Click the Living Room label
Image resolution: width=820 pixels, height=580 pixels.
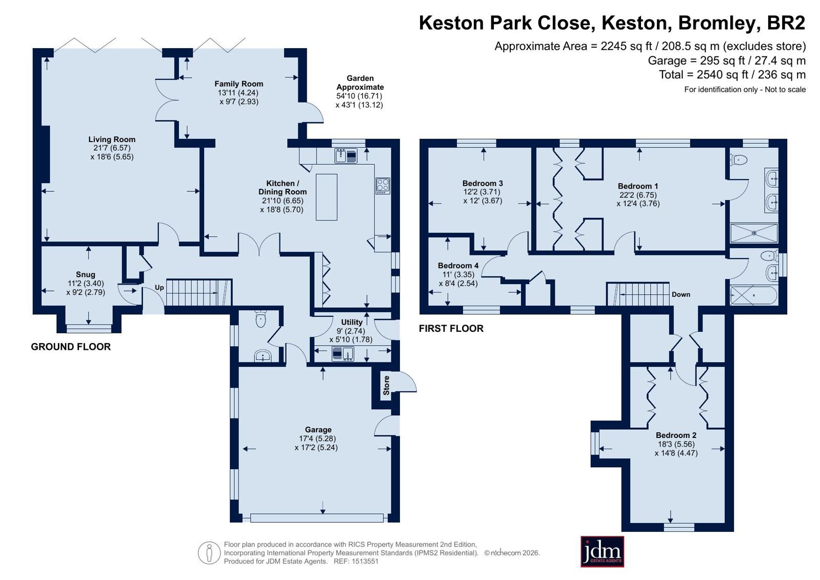[112, 139]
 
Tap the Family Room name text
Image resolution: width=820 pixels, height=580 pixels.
[238, 84]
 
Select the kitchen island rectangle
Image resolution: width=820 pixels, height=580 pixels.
[327, 197]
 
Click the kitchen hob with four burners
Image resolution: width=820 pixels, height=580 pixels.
[383, 186]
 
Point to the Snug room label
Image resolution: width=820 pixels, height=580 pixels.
[86, 275]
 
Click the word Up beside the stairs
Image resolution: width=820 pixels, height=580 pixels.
[159, 288]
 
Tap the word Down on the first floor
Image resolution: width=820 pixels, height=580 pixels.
[681, 294]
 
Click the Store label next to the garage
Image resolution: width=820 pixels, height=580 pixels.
[386, 385]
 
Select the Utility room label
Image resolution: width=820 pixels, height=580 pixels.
[352, 322]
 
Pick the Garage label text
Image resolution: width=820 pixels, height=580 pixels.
[318, 430]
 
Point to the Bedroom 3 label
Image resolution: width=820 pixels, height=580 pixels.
[483, 183]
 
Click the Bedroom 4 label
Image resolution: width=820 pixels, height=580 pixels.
[458, 266]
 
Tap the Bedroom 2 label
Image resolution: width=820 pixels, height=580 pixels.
[676, 435]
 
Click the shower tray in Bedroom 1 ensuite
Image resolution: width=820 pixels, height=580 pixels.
[754, 232]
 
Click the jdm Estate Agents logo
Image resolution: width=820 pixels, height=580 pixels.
[602, 551]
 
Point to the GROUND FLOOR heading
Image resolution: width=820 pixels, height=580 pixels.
[71, 347]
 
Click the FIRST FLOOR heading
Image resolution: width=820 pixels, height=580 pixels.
[451, 328]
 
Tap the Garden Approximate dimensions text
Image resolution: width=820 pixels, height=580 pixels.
[360, 92]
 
